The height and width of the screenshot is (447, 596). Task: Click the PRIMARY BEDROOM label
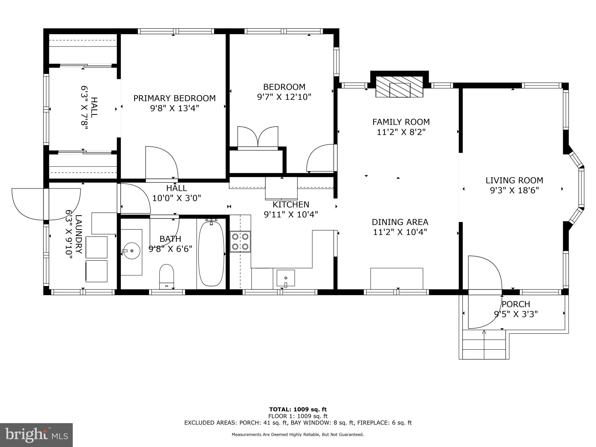174,98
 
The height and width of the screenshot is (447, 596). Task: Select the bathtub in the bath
211,253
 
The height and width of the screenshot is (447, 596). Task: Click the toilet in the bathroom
166,276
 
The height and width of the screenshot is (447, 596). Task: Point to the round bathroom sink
132,251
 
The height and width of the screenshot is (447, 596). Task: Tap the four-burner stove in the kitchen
240,242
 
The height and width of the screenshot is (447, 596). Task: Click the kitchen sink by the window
285,278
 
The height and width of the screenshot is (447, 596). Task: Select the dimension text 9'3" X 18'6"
514,191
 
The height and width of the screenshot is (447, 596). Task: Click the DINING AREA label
400,222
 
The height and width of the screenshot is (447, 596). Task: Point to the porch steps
484,345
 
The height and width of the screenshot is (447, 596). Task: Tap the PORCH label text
516,304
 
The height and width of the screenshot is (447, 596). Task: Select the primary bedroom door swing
161,163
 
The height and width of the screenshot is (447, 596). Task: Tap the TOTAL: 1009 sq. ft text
298,410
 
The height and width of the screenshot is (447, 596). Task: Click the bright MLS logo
36,435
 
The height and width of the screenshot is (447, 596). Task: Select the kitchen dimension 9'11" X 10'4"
291,215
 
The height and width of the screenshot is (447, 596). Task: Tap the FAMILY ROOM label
401,122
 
